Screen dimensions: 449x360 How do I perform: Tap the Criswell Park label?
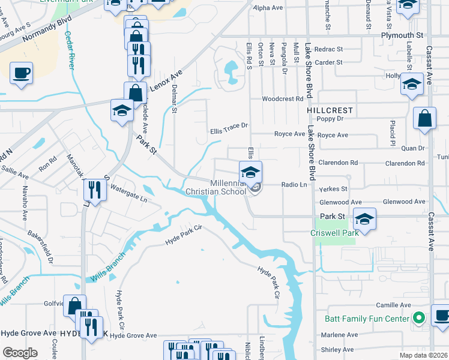coord(334,232)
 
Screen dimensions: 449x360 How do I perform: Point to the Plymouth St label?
coord(402,36)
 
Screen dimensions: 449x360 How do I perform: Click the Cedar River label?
coord(70,52)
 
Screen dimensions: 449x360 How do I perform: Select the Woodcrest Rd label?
coord(282,99)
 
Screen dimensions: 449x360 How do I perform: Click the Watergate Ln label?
coord(128,196)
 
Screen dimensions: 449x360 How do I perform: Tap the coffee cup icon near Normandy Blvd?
coord(21,73)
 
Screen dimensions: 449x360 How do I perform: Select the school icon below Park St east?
coord(364,218)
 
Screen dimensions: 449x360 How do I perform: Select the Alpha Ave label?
coord(267,8)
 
